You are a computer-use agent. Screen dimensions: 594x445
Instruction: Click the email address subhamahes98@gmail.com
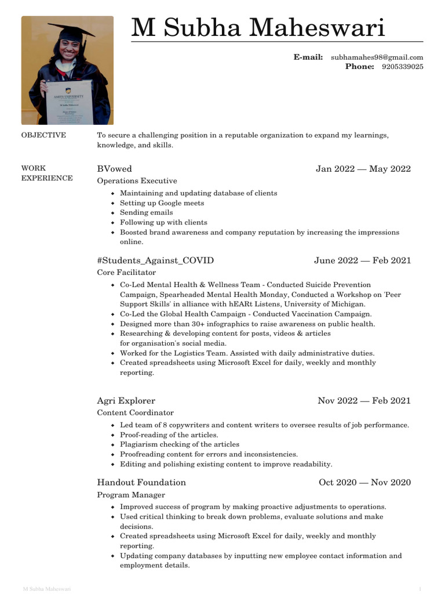coord(377,57)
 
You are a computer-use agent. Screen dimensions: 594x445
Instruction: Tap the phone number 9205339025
coord(402,67)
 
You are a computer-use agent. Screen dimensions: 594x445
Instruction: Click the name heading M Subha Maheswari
coord(258,28)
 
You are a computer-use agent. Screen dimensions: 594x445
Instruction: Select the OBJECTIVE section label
coord(43,135)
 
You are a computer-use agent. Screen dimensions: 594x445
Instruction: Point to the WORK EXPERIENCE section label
coord(47,173)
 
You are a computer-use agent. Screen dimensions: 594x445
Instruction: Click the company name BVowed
coord(114,169)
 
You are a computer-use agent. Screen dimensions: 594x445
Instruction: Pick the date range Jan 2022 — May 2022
coord(363,169)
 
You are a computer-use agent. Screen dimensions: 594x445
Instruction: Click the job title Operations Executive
coord(137,181)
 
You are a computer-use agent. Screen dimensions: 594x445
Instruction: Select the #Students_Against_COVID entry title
coord(155,260)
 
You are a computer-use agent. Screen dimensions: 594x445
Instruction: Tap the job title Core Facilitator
coord(126,272)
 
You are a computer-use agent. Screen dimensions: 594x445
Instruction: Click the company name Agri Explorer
coord(126,400)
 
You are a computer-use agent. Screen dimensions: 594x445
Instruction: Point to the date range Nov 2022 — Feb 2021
coord(364,400)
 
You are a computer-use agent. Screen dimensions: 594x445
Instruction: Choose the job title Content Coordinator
coord(135,412)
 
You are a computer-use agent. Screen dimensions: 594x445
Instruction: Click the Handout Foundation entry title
coord(141,482)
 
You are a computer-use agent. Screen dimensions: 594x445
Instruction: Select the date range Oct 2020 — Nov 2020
coord(364,482)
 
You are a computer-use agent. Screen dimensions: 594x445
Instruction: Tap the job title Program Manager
coord(131,495)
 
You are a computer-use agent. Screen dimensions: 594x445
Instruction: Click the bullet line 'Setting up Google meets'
coord(162,203)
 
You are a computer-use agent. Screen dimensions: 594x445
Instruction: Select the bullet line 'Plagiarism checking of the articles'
coord(179,444)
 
